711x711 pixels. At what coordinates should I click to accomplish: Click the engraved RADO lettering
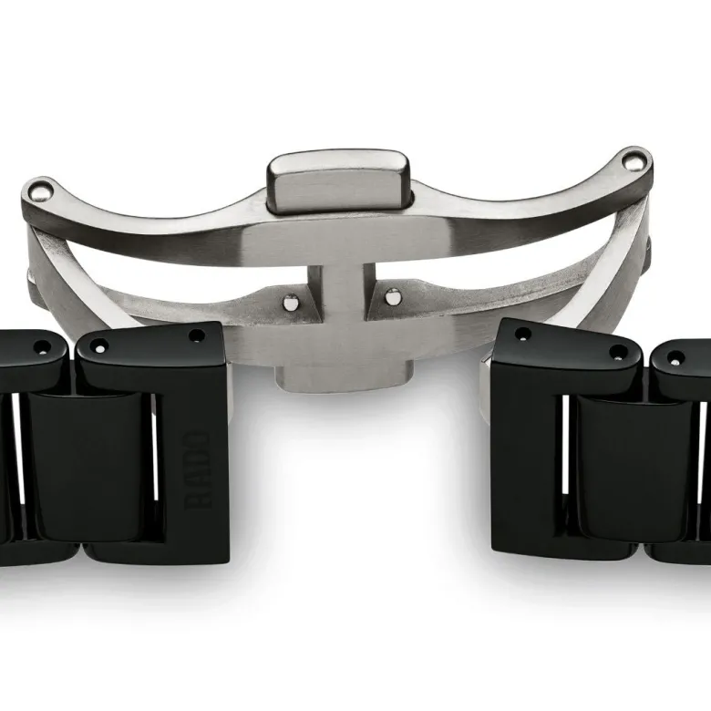pos(197,469)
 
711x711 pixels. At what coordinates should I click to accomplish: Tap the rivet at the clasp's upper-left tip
pos(38,191)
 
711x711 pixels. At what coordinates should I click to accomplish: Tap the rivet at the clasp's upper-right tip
pos(633,160)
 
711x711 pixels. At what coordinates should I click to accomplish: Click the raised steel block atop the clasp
pos(338,181)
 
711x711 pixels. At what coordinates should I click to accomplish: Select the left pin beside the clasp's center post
pos(290,302)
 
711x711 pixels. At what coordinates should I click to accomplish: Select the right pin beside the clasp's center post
pos(393,296)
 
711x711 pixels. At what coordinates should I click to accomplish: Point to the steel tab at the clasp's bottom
pos(345,378)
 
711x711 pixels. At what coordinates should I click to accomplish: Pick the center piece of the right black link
pos(634,468)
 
